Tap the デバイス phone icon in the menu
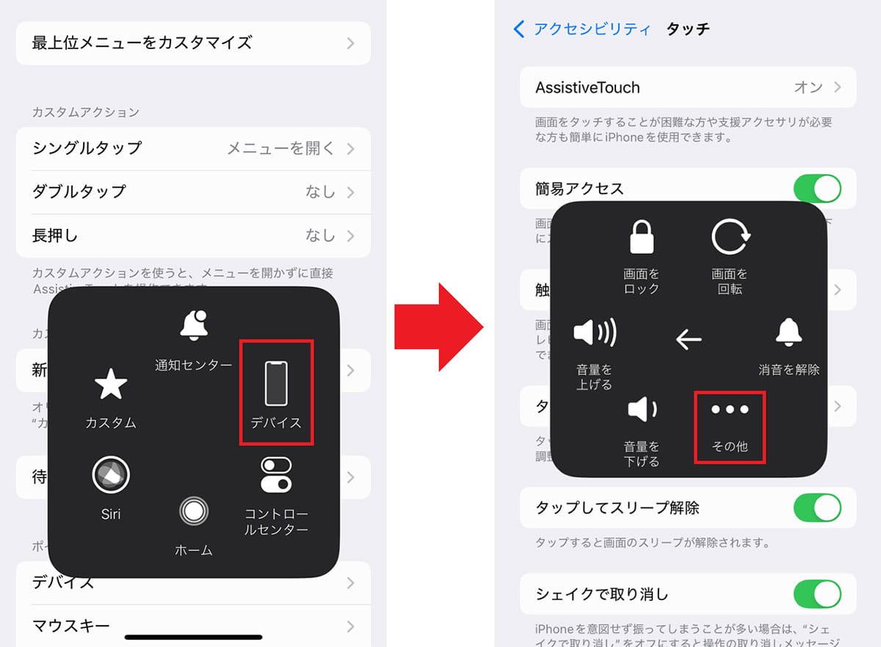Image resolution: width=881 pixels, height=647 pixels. [276, 384]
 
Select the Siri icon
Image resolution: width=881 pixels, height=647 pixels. [111, 475]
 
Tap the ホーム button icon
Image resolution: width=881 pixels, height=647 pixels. [194, 511]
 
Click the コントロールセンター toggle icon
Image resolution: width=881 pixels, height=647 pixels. [276, 475]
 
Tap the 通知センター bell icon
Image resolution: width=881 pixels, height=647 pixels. [194, 325]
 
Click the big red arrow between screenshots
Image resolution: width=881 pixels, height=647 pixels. [438, 326]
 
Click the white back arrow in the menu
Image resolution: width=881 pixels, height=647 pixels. [688, 339]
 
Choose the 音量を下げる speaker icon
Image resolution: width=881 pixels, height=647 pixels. [642, 409]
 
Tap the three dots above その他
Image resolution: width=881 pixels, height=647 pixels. [730, 409]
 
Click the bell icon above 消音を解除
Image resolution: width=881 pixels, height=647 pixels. [789, 334]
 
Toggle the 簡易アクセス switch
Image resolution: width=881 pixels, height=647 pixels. [817, 189]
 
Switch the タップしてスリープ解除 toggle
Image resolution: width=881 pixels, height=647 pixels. [817, 508]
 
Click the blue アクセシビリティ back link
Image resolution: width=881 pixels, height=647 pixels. [581, 29]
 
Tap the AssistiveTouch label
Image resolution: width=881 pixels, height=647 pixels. [587, 88]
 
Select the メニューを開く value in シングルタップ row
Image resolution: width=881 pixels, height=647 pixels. [280, 148]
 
